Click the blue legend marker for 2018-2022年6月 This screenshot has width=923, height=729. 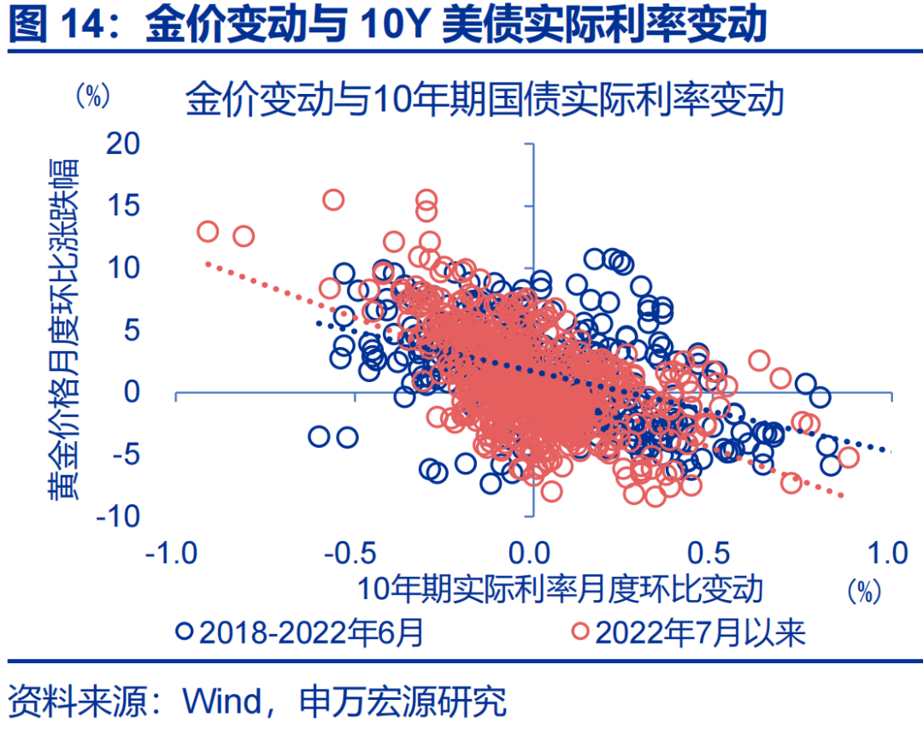(x=185, y=632)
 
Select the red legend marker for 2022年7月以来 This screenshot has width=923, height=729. (x=581, y=632)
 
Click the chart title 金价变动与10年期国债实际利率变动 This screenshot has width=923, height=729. (x=485, y=99)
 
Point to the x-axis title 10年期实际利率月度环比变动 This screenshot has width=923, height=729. (x=559, y=589)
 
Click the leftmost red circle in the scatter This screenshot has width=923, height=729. (x=208, y=232)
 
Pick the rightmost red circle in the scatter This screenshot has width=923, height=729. (x=848, y=457)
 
